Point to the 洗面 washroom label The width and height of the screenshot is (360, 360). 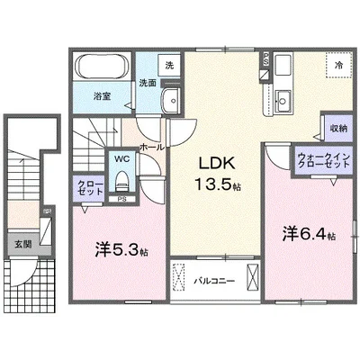coord(147,83)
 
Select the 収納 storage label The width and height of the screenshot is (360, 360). coord(338,129)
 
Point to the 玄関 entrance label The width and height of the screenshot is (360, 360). coord(21,243)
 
